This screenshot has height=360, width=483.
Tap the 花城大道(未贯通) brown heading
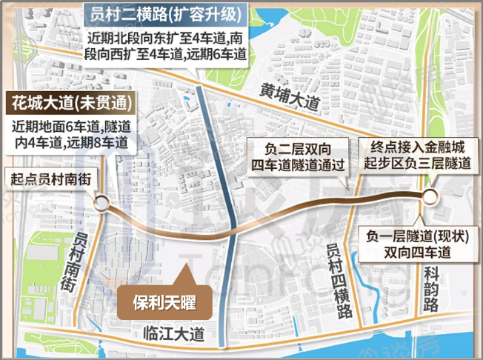click(67, 102)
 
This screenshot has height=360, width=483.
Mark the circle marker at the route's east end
click(430, 196)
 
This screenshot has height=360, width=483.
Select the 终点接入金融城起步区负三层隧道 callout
click(413, 154)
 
